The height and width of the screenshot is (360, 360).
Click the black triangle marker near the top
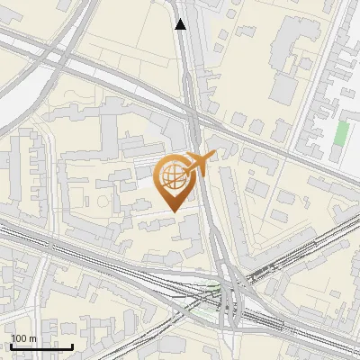[x=181, y=24]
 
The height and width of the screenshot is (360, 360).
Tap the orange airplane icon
[x=199, y=163]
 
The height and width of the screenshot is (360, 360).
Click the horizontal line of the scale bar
[x=40, y=346]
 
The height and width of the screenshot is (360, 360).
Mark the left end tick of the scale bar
[x=11, y=346]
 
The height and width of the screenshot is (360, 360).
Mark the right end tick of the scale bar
[x=72, y=346]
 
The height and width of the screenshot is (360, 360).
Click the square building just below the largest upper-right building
[x=284, y=87]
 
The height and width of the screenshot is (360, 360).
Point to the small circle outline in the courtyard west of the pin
[x=109, y=193]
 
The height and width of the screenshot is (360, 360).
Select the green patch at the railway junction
[x=213, y=289]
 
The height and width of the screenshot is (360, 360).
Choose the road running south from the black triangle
[x=187, y=81]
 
